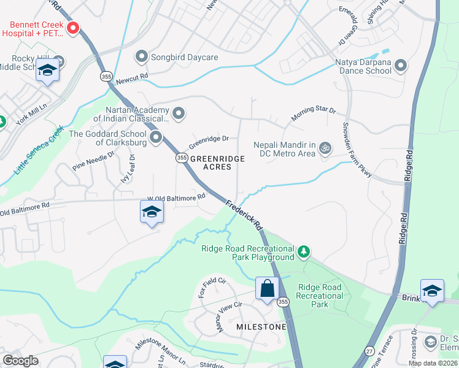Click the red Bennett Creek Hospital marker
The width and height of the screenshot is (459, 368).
coord(73,28)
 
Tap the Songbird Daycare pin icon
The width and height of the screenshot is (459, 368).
coord(142,57)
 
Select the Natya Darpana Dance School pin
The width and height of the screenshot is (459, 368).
coord(401,65)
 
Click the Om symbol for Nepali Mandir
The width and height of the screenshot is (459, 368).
coord(325,147)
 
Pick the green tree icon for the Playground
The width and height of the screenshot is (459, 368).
coord(303,251)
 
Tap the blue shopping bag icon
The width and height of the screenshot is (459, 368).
coord(268,288)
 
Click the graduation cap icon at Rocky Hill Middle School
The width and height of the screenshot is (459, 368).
coord(47,71)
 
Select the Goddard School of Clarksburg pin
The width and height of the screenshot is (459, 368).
coord(156,137)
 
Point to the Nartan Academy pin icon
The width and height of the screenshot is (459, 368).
coord(179,113)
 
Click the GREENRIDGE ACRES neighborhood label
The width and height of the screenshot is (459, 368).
coord(217,163)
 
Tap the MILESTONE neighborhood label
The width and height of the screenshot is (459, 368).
coord(261,327)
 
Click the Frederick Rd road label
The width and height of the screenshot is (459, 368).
coord(244,216)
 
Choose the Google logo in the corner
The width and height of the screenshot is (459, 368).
coord(21,360)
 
